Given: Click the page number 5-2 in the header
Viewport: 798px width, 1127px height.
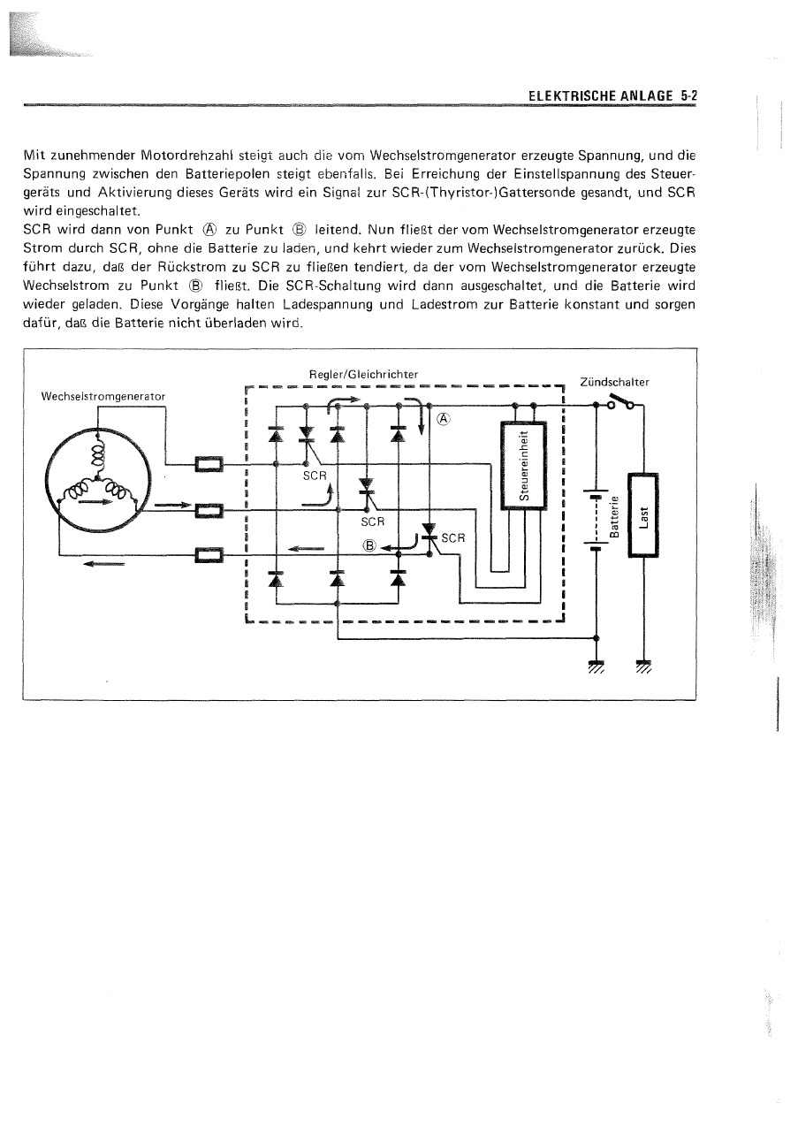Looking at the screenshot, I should click(689, 95).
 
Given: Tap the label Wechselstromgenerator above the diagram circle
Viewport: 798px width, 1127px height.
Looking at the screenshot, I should click(103, 396).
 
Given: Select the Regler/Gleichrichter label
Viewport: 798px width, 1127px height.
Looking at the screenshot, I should click(364, 375).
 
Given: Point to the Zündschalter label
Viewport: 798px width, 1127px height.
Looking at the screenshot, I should click(614, 382).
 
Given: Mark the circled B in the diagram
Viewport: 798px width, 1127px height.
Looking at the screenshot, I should click(369, 545).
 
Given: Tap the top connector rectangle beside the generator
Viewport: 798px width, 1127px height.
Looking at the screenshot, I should click(209, 463).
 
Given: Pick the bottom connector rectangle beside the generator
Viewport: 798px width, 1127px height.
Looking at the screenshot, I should click(209, 555).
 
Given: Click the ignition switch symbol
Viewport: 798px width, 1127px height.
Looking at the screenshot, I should click(620, 405).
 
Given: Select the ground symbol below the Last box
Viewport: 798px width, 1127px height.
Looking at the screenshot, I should click(643, 666).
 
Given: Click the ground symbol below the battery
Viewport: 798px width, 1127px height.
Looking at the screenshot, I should click(596, 666).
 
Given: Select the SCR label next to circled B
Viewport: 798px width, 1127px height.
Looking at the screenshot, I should click(453, 537).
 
